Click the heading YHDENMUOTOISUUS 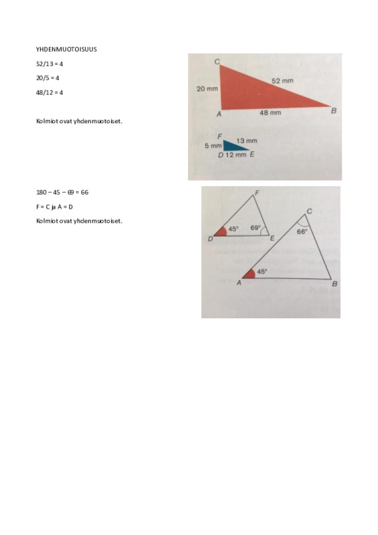click(x=66, y=49)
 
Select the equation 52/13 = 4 click(x=50, y=64)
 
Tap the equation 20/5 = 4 click(x=48, y=78)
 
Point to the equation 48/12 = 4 click(x=50, y=92)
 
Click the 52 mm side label click(x=282, y=81)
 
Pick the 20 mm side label click(x=207, y=89)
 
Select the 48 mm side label click(x=270, y=112)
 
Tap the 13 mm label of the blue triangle click(x=247, y=140)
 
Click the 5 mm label click(x=213, y=146)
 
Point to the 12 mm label click(x=235, y=154)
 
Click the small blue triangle click(x=233, y=146)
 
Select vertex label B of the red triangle click(x=334, y=110)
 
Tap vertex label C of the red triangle click(x=217, y=62)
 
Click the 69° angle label click(x=256, y=227)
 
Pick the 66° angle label click(x=302, y=231)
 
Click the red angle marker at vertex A click(x=250, y=274)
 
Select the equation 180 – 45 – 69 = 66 click(x=62, y=192)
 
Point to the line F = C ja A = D click(x=54, y=207)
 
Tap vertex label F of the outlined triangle click(x=257, y=193)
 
